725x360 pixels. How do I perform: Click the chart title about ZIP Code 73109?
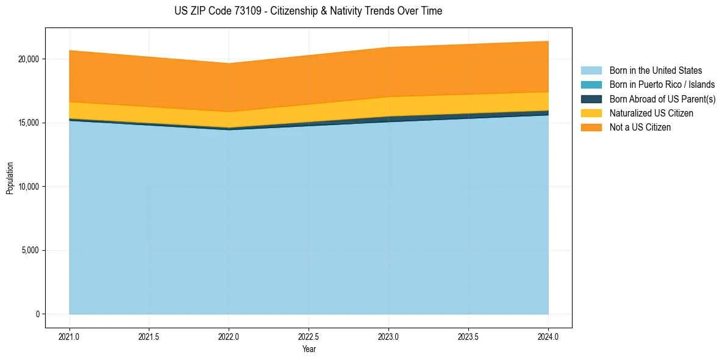click(x=308, y=11)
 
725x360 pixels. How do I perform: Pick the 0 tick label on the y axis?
click(x=37, y=314)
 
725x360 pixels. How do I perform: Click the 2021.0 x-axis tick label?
click(x=70, y=336)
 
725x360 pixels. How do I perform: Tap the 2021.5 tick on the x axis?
click(x=149, y=336)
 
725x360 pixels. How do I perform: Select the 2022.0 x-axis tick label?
click(x=229, y=336)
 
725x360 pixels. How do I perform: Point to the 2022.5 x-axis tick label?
click(x=309, y=336)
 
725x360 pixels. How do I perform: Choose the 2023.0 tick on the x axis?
click(x=388, y=336)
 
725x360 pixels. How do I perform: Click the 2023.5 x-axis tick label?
click(x=468, y=336)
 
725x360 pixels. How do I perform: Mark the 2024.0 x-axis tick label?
click(x=548, y=336)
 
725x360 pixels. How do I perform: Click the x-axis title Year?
click(x=309, y=349)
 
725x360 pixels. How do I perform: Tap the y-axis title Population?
click(x=10, y=178)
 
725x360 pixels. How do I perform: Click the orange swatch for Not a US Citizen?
click(x=591, y=128)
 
